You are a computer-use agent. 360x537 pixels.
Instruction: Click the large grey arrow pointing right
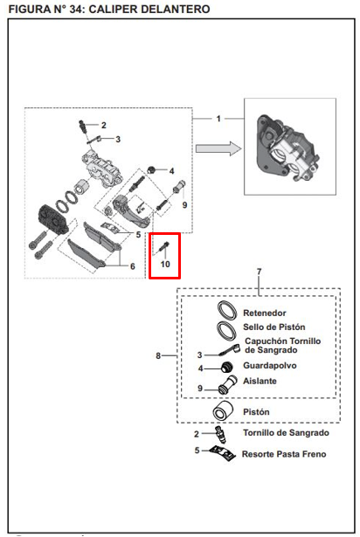pos(218,148)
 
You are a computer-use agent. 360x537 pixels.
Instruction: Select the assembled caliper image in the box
pos(288,148)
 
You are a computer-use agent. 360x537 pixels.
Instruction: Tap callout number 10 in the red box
pos(165,264)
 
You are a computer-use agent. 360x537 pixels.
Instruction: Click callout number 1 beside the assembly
pos(218,119)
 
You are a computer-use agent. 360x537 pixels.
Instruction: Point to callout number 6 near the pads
pos(132,266)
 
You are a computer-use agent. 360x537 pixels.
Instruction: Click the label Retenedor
pos(265,313)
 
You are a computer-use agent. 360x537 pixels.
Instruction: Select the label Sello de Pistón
pos(274,327)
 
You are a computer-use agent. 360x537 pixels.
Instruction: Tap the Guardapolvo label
pos(270,365)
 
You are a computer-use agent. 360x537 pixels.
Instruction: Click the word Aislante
pos(260,381)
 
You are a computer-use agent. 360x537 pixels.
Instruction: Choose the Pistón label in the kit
pos(256,411)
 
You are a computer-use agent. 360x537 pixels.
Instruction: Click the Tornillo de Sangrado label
pos(286,432)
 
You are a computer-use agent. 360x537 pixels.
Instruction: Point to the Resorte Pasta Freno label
pos(284,454)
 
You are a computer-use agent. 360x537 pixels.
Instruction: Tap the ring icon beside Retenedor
pos(227,311)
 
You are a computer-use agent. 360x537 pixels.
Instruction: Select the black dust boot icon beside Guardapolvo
pos(227,367)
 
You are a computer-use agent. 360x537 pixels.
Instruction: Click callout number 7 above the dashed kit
pos(260,272)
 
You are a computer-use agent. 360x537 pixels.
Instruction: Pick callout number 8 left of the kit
pos(158,356)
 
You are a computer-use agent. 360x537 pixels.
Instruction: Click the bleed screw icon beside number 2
pos(221,434)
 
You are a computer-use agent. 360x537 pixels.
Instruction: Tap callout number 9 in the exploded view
pos(184,205)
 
